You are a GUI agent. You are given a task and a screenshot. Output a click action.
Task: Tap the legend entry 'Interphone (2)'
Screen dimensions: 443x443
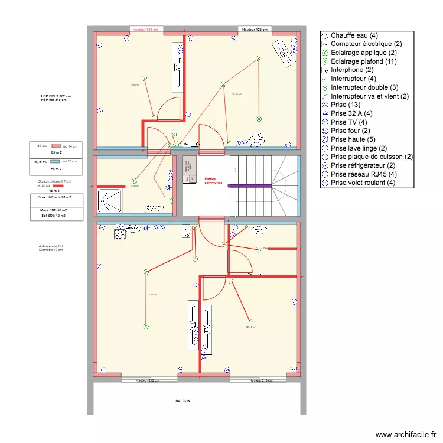tap(351, 70)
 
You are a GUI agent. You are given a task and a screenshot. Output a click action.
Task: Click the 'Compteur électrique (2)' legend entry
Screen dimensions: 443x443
tap(366, 44)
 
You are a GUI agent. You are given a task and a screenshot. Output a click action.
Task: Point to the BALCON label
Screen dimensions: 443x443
tap(183, 401)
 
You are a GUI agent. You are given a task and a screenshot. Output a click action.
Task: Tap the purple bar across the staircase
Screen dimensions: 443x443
tap(249, 185)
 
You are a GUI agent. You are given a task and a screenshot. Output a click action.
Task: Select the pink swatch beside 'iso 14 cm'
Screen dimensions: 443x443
tap(56, 145)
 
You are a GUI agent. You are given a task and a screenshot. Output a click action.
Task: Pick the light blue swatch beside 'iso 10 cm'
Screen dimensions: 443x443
tap(55, 161)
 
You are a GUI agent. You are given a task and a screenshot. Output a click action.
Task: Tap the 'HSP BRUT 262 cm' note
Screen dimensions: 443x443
tap(56, 96)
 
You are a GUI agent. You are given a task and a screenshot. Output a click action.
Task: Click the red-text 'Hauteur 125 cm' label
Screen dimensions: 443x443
tap(147, 29)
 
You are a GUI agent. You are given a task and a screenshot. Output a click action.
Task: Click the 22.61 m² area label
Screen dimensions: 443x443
tap(152, 295)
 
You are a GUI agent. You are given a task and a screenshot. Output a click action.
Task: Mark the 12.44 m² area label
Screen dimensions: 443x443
tap(250, 327)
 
